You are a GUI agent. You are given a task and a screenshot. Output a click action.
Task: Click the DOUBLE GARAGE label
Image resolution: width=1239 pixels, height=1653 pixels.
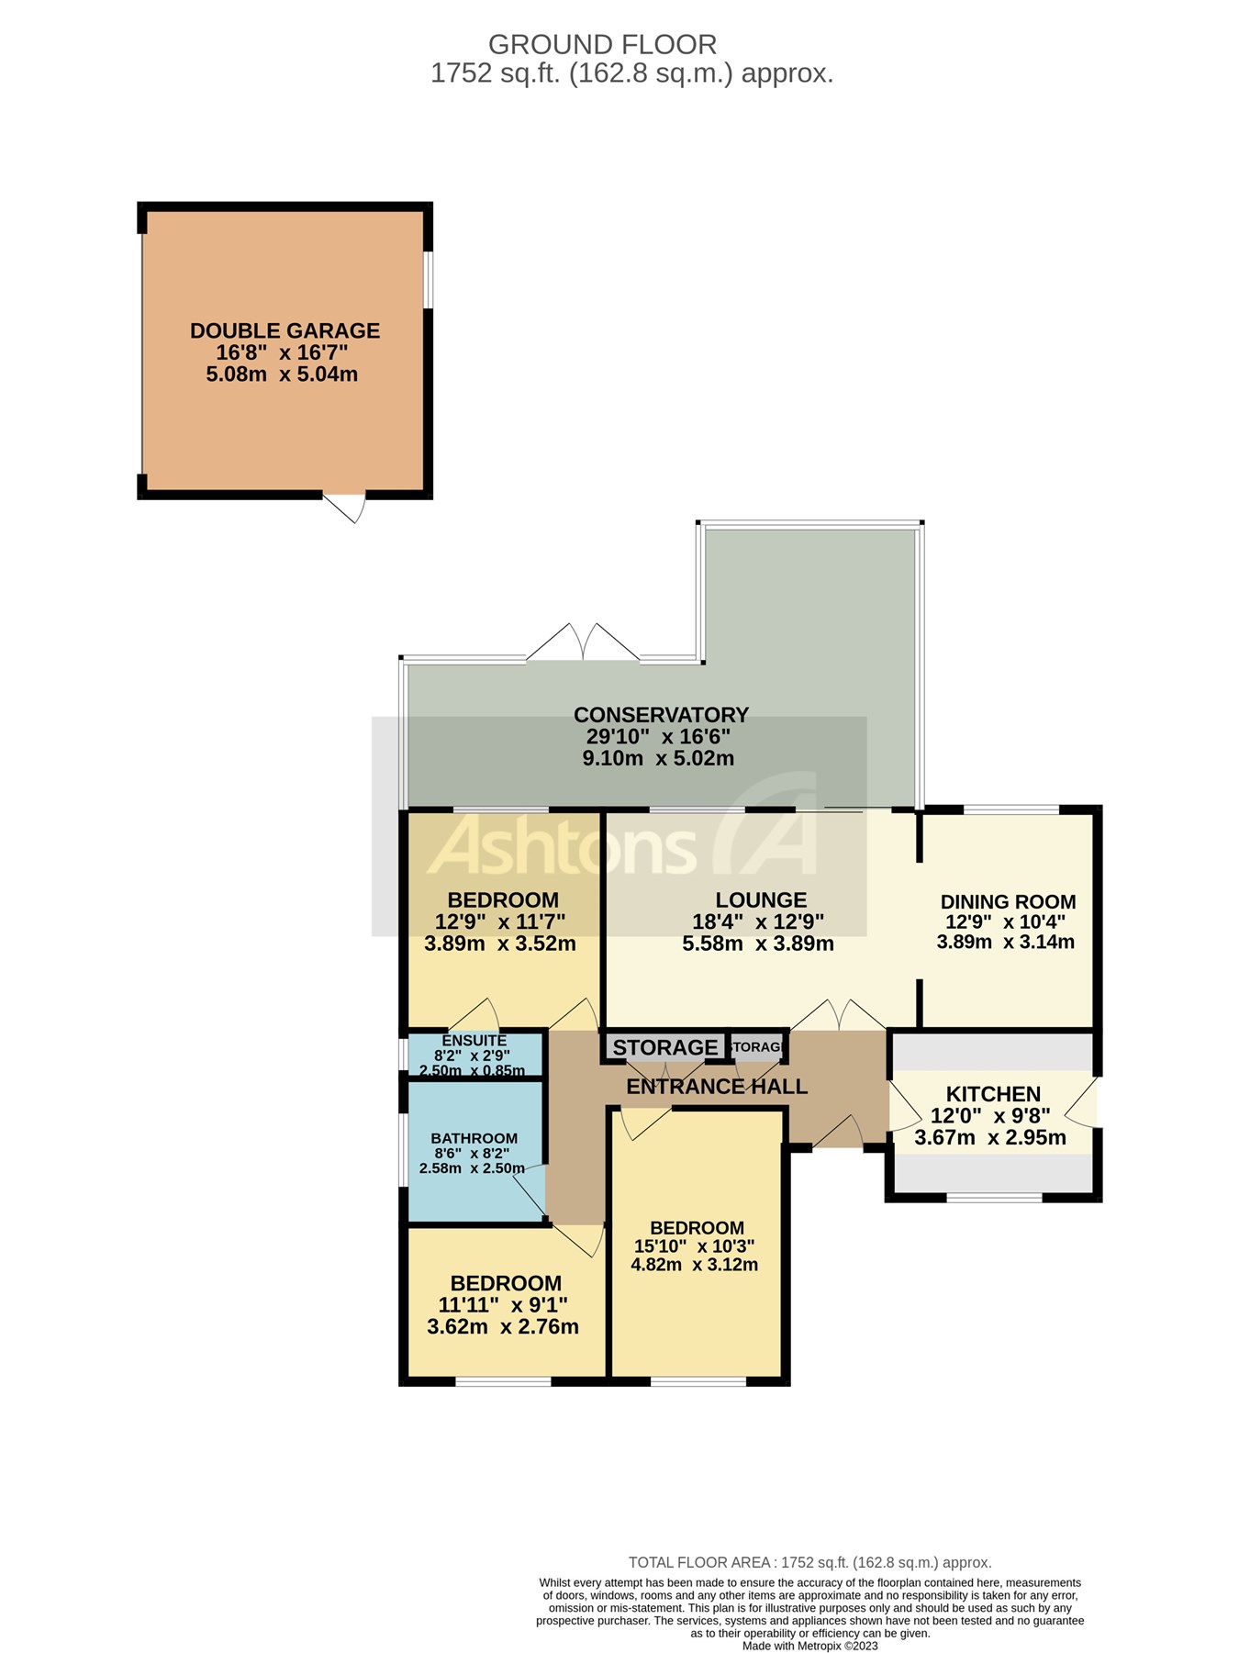coord(285,330)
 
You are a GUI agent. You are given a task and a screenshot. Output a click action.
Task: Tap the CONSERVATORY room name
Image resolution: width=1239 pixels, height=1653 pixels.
coord(661,714)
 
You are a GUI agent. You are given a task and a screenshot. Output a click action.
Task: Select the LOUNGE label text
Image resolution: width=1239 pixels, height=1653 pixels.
coord(761,900)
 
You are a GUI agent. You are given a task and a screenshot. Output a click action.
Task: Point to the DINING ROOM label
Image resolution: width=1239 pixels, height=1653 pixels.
coord(1008,902)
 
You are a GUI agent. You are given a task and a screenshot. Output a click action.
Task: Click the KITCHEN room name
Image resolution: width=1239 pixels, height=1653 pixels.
coord(993,1094)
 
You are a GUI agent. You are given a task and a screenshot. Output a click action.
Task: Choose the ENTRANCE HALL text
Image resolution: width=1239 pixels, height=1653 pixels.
coord(717,1087)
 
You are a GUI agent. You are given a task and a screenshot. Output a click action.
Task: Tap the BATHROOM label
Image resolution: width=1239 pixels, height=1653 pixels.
coord(474,1138)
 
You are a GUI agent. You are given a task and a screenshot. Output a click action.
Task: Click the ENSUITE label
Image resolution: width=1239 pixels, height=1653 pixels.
coord(474,1041)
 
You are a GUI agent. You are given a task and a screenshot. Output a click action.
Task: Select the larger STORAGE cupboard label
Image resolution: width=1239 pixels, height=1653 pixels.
coord(664,1047)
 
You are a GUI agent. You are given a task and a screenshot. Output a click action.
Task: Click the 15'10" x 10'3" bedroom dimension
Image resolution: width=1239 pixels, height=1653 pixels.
coord(694,1246)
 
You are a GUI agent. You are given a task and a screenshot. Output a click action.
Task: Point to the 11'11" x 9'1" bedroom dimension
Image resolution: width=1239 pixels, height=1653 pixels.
coord(503,1305)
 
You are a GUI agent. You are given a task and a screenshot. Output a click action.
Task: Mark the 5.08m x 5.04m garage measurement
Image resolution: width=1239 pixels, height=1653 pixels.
coord(282,374)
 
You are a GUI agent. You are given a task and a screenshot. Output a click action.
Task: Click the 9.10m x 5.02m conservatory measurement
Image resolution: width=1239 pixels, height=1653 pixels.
coord(658,758)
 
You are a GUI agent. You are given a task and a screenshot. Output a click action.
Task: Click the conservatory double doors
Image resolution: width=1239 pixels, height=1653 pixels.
coord(583,643)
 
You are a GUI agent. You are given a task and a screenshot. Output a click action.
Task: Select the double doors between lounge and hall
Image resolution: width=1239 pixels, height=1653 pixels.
coord(838,1015)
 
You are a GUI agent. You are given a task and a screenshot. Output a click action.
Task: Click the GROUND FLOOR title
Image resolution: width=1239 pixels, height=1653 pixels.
coord(602,44)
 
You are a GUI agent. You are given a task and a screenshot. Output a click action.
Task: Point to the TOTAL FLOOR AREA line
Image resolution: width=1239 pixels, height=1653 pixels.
coord(809,1562)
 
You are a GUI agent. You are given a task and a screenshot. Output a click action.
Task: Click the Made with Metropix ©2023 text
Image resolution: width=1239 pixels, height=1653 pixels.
coord(809,1646)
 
